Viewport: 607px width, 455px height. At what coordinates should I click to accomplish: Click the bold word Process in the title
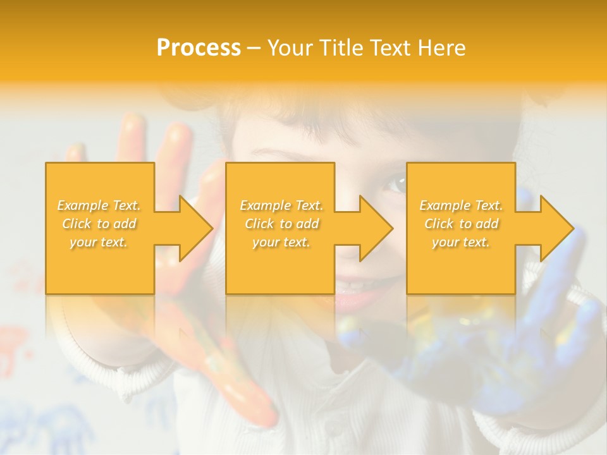coord(199,48)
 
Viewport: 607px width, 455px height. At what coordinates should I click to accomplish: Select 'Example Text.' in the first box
coord(99,205)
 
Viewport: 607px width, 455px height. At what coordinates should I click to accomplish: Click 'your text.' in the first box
coord(99,242)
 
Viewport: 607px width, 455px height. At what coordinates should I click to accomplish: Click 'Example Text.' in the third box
coord(461,205)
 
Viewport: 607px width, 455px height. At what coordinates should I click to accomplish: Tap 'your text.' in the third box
coord(461,242)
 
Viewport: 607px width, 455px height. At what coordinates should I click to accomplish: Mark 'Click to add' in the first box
coord(99,224)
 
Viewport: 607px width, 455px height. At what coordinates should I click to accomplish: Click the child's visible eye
coord(398,184)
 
